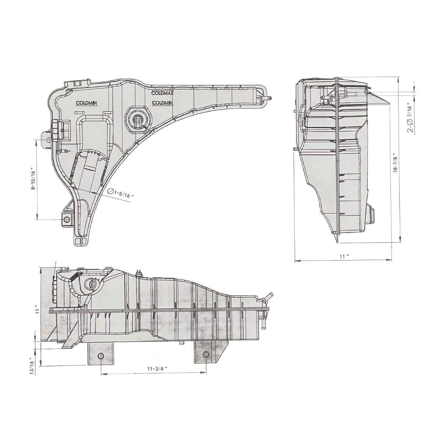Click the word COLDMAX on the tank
point(162,94)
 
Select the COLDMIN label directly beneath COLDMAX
point(162,103)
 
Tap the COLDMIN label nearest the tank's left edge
point(87,103)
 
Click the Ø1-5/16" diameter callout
point(120,193)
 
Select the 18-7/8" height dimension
point(395,162)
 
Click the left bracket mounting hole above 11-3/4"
point(101,357)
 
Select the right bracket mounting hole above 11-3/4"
point(206,355)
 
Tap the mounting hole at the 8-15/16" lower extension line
point(67,220)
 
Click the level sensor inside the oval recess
point(137,121)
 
